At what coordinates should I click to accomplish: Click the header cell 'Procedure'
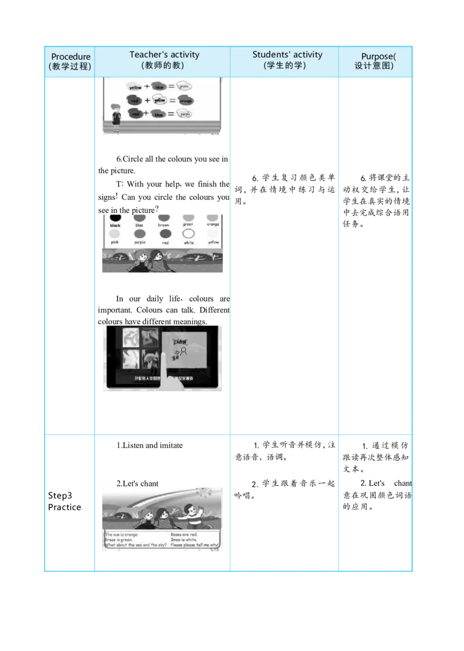coord(70,56)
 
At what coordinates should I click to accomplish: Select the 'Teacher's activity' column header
coord(164,54)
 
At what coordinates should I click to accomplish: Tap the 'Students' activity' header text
coord(287,54)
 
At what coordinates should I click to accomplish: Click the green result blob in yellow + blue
coord(184,86)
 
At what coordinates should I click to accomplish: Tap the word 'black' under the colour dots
coord(115,226)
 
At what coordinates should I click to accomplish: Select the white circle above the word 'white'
coord(188,234)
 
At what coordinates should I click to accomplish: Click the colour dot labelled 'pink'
coord(115,234)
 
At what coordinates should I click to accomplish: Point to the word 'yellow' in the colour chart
coord(213,242)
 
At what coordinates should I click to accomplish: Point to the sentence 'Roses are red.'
coord(184,534)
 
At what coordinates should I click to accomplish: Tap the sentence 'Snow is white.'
coord(184,540)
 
